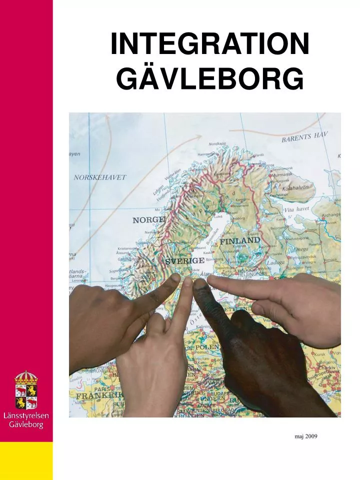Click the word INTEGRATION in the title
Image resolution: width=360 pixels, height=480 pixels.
coord(209,44)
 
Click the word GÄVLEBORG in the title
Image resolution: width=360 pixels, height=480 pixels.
coord(209,79)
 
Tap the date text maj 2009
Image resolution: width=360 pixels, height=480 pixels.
coord(306,436)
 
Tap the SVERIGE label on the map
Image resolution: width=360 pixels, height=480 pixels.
coord(184,261)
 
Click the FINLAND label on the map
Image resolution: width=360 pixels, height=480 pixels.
coord(240,241)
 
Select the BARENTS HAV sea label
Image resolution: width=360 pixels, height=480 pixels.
coord(304,137)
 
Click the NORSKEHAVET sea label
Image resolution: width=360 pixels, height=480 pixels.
coord(100,177)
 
